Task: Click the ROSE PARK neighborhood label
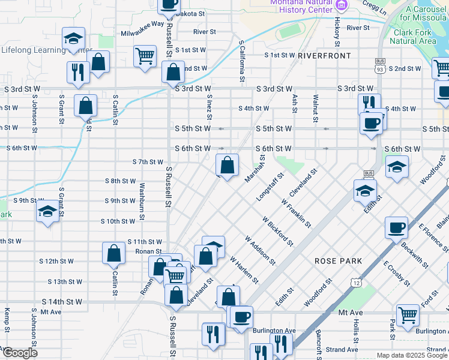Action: pos(338,261)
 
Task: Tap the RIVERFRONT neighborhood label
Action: pos(324,56)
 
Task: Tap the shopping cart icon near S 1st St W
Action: pos(145,57)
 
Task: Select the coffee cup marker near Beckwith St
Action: pos(396,228)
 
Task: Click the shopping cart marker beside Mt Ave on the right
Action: pos(408,314)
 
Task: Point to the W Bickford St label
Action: pos(277,232)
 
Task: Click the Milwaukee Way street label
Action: pos(142,24)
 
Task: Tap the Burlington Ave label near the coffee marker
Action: pos(274,331)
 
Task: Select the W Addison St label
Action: pos(259,250)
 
